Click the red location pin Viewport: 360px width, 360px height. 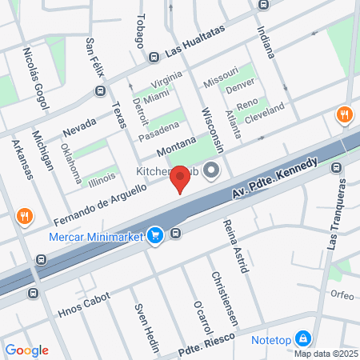coord(181,179)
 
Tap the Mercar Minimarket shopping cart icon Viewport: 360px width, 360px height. coord(156,234)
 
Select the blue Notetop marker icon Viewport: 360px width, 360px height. coord(302,338)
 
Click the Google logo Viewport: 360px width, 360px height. coord(26,350)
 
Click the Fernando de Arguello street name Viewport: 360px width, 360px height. coord(101,204)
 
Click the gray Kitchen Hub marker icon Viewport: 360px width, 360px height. coord(211,170)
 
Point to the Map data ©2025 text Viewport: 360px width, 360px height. coord(326,354)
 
